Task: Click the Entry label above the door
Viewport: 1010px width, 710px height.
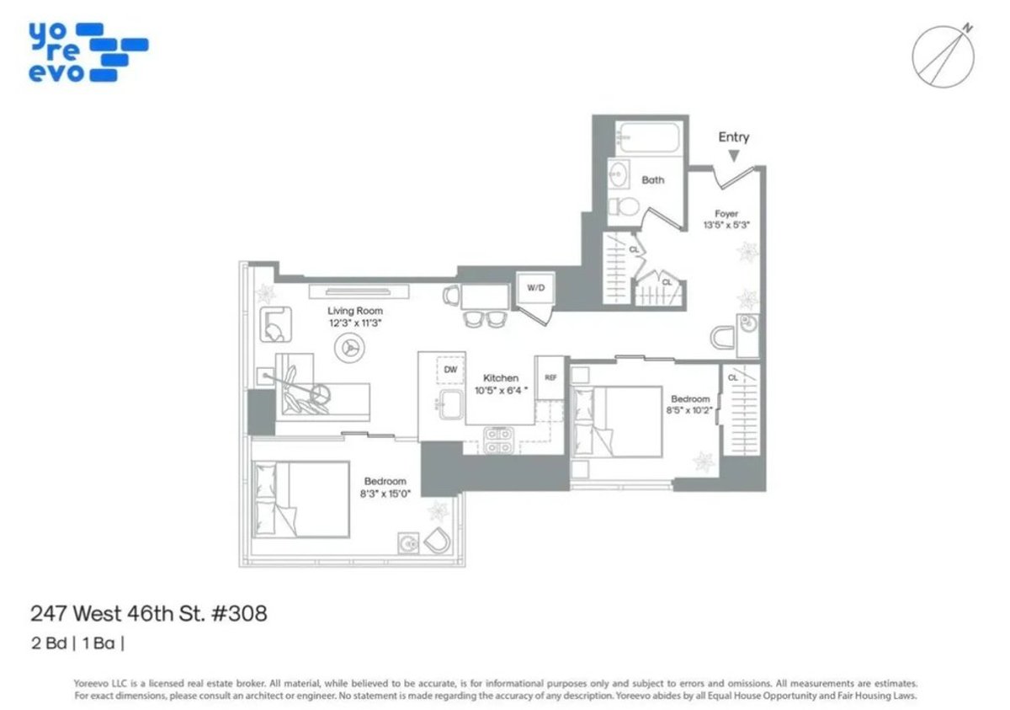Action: pyautogui.click(x=733, y=137)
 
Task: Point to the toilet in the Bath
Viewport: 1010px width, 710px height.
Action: pyautogui.click(x=620, y=207)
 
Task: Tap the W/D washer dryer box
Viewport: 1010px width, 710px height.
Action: pyautogui.click(x=535, y=288)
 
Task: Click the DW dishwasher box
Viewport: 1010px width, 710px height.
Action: pyautogui.click(x=450, y=370)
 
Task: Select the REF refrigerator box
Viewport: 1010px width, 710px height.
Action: pyautogui.click(x=550, y=377)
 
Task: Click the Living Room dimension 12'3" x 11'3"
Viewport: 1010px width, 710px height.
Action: pyautogui.click(x=355, y=323)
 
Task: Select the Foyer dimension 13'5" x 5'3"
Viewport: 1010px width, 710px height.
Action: pyautogui.click(x=726, y=225)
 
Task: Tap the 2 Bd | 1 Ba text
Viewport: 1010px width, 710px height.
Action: pyautogui.click(x=77, y=644)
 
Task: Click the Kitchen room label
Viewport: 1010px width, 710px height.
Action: pyautogui.click(x=500, y=378)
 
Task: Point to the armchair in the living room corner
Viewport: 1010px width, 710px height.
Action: pyautogui.click(x=275, y=323)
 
